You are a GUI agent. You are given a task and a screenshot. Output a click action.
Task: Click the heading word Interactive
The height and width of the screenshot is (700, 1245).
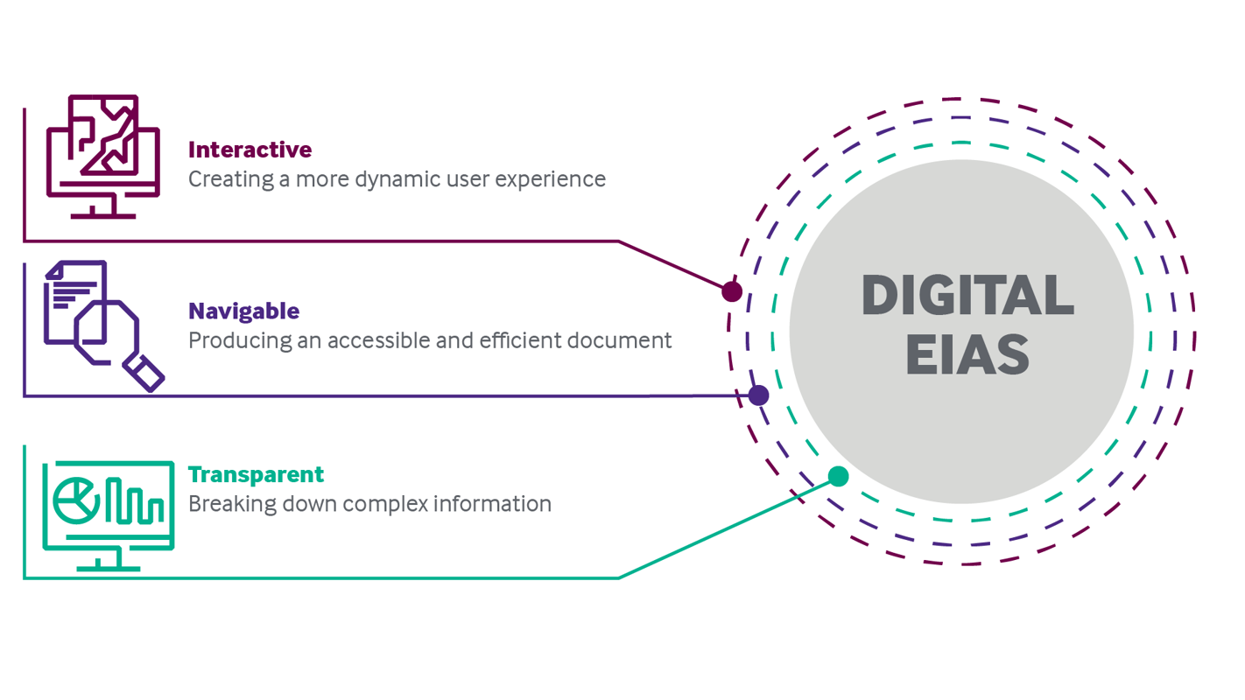click(x=250, y=150)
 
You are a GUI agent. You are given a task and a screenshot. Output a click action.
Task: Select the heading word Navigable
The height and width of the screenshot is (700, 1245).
click(x=243, y=311)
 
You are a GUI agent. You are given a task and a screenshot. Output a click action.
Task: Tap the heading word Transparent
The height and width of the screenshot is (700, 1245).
click(x=256, y=474)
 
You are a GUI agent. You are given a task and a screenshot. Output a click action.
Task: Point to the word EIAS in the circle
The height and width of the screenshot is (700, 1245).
click(x=967, y=354)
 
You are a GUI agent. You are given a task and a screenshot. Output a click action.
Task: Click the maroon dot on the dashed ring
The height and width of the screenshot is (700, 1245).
click(x=732, y=291)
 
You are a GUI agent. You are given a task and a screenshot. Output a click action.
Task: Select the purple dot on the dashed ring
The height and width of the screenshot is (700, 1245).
click(x=759, y=395)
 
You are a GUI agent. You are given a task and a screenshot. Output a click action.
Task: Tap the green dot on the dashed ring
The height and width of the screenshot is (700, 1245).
click(x=838, y=476)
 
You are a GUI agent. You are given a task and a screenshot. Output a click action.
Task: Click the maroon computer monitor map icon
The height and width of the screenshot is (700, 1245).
click(x=103, y=156)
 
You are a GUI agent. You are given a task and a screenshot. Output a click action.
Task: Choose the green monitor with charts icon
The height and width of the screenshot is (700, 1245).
click(x=109, y=514)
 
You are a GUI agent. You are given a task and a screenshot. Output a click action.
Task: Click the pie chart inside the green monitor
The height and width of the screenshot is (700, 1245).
click(x=75, y=500)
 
